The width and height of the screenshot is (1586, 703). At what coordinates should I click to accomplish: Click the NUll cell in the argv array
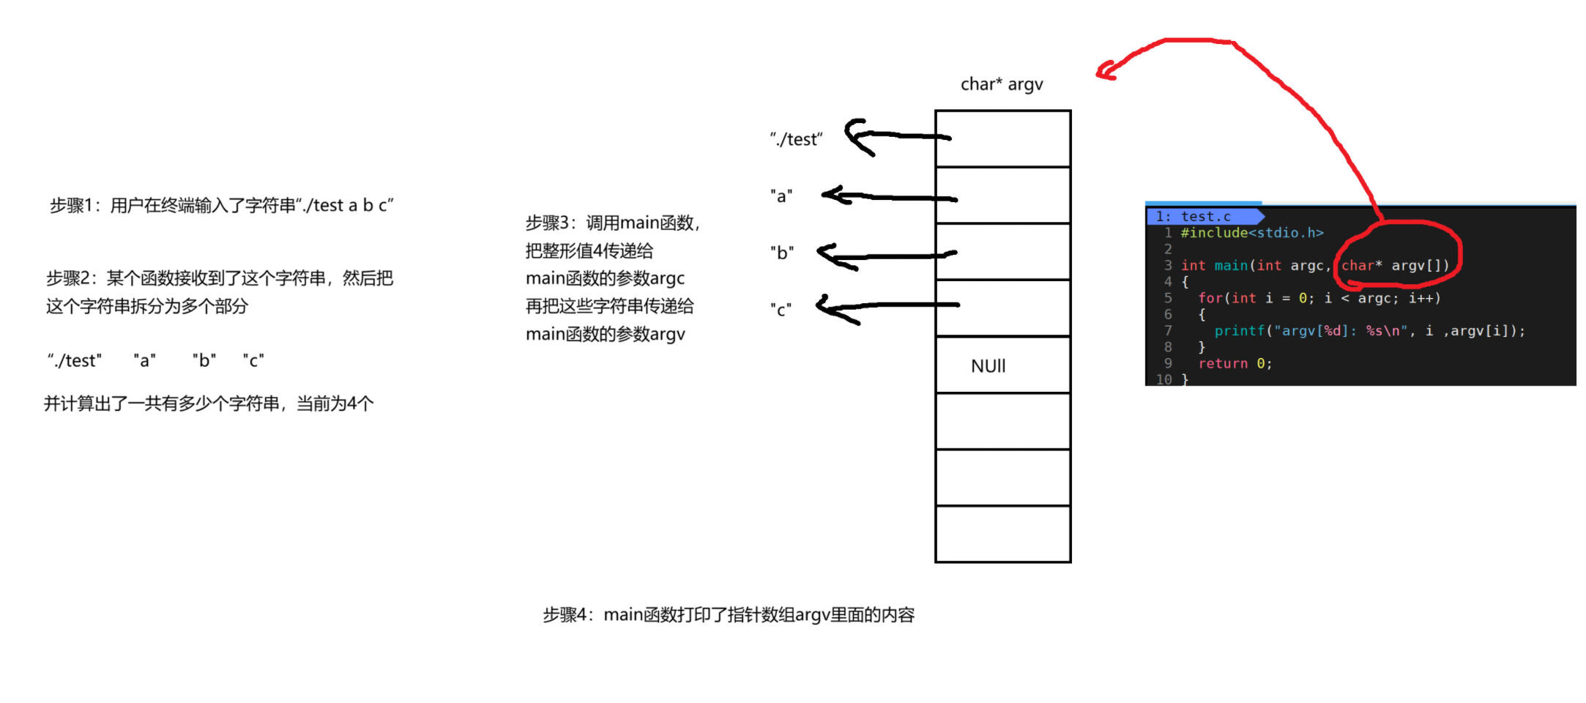[988, 365]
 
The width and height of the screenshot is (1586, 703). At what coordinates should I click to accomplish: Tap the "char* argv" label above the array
[1001, 85]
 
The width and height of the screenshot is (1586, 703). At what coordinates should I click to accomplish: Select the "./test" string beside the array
[796, 139]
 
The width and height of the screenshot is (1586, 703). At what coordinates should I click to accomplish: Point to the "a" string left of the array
[781, 196]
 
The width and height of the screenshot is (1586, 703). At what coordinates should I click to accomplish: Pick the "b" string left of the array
[781, 253]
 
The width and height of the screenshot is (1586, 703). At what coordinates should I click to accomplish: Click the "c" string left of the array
[781, 310]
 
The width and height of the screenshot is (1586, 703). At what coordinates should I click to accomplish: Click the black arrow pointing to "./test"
[893, 136]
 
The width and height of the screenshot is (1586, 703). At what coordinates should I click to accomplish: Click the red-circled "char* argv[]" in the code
[1395, 265]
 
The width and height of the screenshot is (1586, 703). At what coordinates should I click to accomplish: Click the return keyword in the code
[1223, 363]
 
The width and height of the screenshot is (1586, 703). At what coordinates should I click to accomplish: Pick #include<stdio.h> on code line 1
[1251, 233]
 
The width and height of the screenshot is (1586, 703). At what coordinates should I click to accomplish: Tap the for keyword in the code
[1210, 298]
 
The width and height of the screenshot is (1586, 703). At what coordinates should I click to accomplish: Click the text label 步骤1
[70, 206]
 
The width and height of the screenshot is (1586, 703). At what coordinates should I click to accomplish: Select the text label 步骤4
[564, 615]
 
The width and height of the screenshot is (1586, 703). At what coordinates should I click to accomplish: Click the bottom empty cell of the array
[1002, 534]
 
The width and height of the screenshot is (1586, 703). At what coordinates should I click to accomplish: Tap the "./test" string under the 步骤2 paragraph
[75, 361]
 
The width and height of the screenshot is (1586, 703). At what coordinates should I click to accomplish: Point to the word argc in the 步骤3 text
[667, 278]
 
